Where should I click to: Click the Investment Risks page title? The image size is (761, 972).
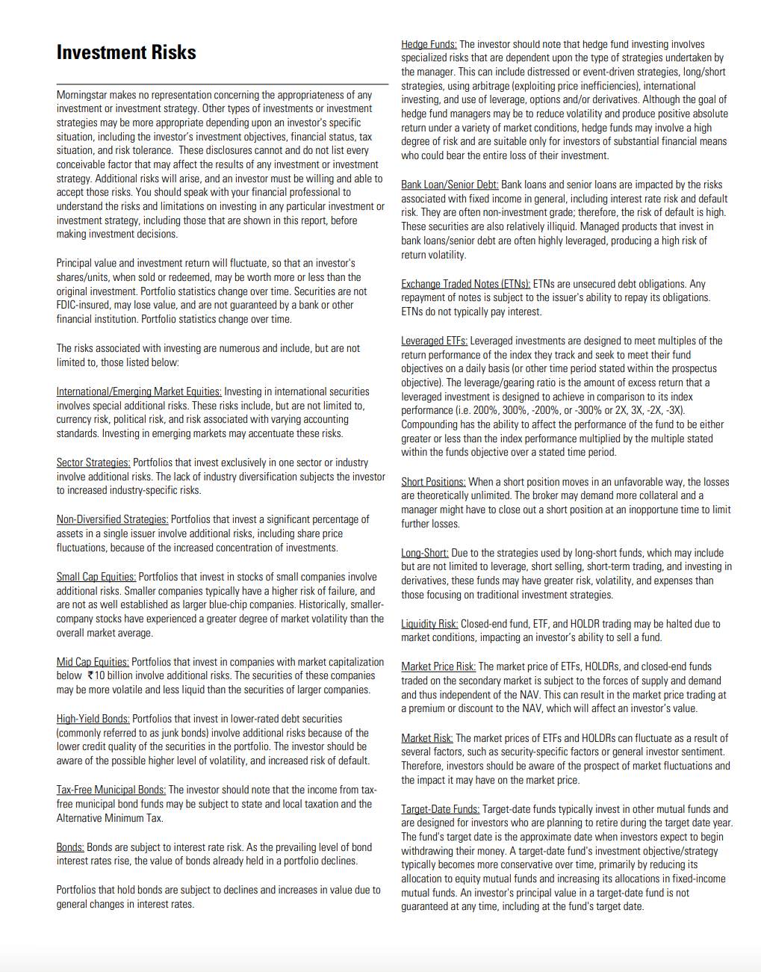pos(126,52)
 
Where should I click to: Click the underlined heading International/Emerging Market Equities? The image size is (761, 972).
pos(139,391)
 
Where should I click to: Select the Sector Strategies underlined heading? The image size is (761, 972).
pos(93,462)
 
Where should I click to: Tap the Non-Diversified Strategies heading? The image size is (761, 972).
pos(112,519)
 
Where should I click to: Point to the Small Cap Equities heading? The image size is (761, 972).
pos(96,577)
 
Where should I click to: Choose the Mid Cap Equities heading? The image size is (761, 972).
pos(93,662)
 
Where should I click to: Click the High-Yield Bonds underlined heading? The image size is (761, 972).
pos(93,719)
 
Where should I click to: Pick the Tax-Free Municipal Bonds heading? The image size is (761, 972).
pos(111,790)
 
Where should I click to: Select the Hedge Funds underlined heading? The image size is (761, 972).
pos(429,44)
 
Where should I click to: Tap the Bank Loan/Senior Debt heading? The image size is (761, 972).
pos(450,185)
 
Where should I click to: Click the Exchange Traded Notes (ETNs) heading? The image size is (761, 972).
pos(465,284)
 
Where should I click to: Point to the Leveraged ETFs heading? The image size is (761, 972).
pos(434,341)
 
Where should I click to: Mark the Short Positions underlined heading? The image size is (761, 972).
pos(433,482)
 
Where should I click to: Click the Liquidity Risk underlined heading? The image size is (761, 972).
pos(429,624)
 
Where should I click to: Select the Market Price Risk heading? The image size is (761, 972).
pos(438,666)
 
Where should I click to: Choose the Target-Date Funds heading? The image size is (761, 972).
pos(441,809)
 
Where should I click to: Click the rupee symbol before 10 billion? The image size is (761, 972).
pos(90,675)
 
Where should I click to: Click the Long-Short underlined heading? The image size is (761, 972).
pos(425,553)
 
